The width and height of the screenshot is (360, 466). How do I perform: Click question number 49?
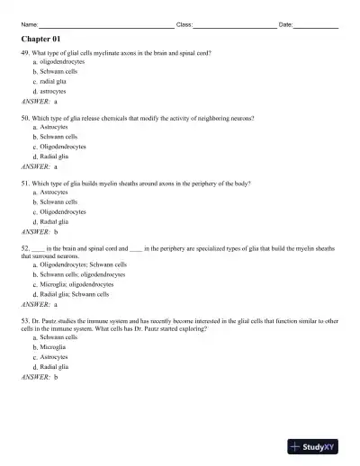[x=25, y=54]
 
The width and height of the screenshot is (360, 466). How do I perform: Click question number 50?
[x=25, y=118]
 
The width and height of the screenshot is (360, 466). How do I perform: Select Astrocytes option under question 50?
[x=53, y=128]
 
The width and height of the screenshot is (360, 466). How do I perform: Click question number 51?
[x=25, y=183]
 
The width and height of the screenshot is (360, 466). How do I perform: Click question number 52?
[x=25, y=246]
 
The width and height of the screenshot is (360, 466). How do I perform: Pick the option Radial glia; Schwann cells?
[x=75, y=294]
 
